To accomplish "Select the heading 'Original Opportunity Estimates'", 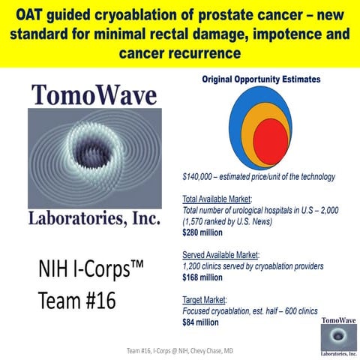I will pyautogui.click(x=259, y=79).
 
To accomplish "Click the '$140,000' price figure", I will pyautogui.click(x=201, y=177).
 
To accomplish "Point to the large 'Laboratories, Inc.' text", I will pyautogui.click(x=94, y=220).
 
